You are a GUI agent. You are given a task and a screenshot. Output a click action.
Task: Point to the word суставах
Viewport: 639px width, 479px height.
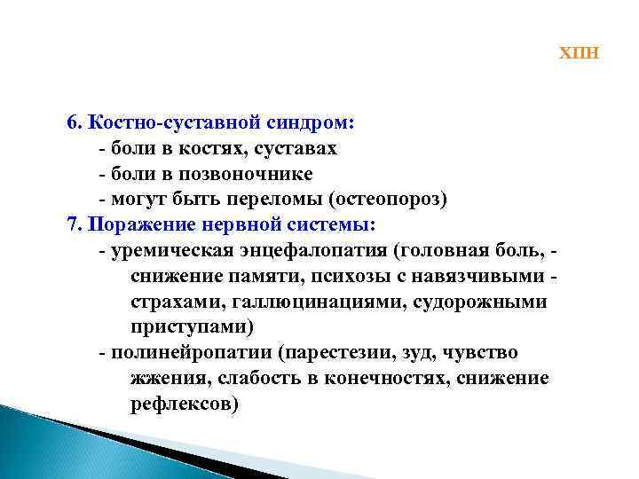tap(298, 148)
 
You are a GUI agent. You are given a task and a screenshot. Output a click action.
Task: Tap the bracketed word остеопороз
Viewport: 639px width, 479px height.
tap(387, 199)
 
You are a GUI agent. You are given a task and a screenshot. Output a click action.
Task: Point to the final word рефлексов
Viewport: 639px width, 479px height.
tap(184, 404)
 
